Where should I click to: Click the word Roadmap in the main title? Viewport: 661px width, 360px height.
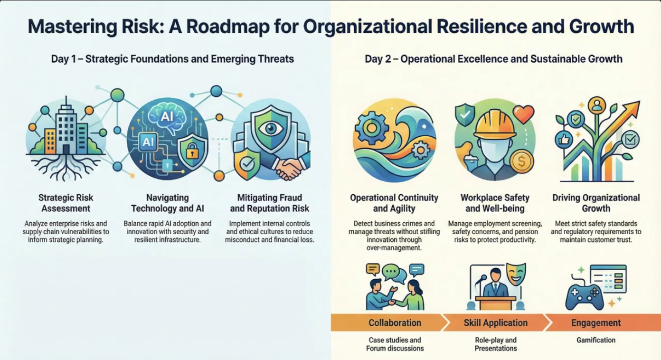228,27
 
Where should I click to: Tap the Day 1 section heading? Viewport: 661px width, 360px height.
173,59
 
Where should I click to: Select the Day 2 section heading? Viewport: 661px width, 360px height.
494,59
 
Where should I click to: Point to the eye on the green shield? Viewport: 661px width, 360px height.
271,128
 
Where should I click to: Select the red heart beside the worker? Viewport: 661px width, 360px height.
523,114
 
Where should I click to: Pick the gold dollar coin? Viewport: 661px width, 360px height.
521,161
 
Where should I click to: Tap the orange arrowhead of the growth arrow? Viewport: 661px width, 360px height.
631,109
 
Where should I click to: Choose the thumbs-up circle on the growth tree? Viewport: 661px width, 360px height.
564,139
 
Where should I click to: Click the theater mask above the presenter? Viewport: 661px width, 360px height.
516,274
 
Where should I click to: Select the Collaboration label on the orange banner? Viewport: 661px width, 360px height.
395,323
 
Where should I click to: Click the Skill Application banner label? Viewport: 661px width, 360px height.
496,323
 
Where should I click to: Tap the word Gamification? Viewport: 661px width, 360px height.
596,340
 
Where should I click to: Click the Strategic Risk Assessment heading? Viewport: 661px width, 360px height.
66,203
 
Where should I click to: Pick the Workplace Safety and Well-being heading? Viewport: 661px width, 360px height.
495,203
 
